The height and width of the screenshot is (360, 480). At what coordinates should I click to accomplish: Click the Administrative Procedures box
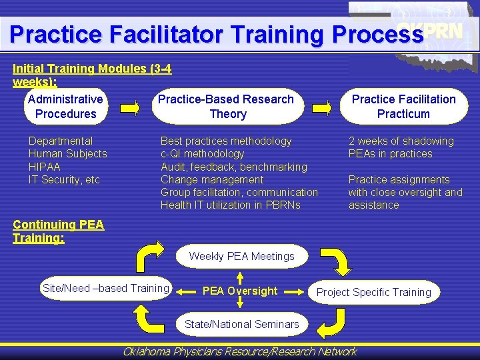coord(65,107)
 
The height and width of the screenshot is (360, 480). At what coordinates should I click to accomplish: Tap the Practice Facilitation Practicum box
coord(403,107)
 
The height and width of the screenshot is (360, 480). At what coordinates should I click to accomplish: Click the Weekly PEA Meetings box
coord(241,256)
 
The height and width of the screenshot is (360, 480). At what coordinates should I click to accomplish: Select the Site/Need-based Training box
coord(105,288)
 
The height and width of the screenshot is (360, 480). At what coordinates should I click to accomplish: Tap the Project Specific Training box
coord(373,292)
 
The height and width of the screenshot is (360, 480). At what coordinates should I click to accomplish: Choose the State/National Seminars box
coord(241,324)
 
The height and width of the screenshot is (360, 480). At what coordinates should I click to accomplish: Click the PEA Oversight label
coord(239,291)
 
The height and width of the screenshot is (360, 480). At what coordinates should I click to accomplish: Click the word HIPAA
coord(44,167)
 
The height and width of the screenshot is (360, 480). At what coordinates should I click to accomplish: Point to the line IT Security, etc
coord(64,179)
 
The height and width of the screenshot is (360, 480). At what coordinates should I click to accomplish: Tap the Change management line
coord(212,179)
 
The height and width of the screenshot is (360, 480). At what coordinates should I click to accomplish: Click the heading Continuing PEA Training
coord(58,231)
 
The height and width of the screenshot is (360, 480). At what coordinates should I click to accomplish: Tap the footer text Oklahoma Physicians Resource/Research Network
coord(240,351)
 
